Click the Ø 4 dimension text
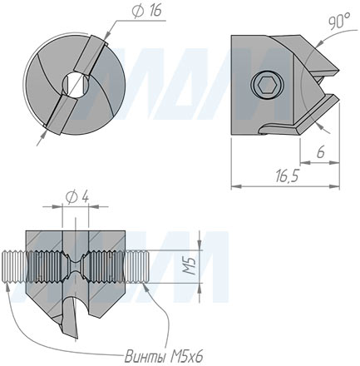tap(76, 196)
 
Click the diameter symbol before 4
tap(69, 196)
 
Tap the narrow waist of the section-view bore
tap(75, 266)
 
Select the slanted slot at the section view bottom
tap(76, 316)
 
